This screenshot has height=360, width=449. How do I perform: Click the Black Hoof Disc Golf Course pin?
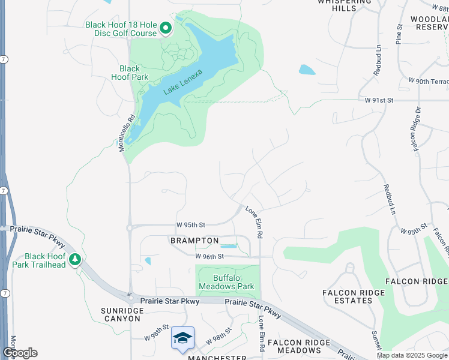(x=165, y=28)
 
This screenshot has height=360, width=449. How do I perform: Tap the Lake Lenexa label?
(x=183, y=83)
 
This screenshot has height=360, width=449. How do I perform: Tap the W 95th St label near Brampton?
(x=191, y=225)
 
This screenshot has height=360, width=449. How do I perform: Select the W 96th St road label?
(x=209, y=256)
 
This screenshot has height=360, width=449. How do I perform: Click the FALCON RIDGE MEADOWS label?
(x=299, y=346)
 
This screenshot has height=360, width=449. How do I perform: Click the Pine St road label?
(x=399, y=34)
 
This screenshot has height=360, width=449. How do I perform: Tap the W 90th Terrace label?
(x=428, y=80)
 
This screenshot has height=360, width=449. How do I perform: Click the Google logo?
(x=20, y=353)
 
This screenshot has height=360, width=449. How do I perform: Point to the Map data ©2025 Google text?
(x=411, y=355)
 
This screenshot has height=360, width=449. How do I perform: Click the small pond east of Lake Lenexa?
(x=307, y=70)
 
